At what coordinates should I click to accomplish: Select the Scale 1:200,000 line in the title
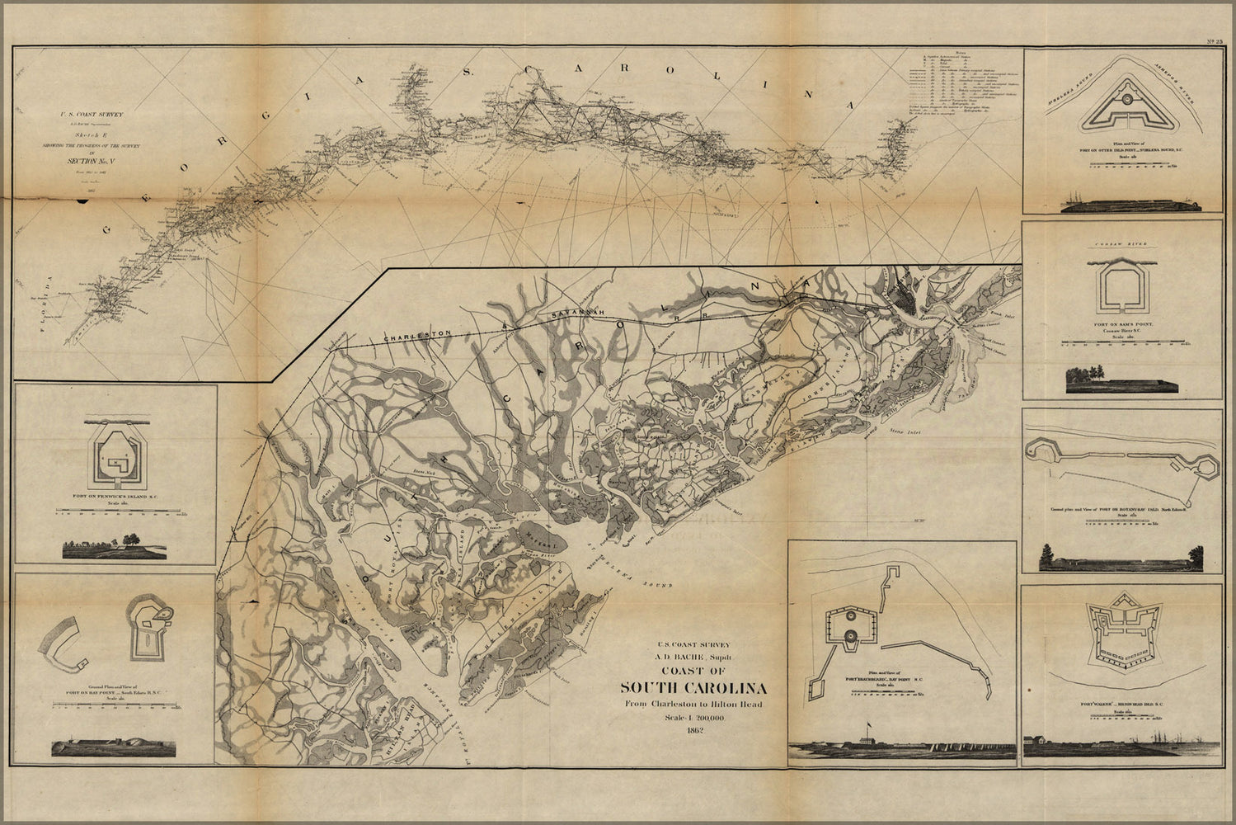(693, 718)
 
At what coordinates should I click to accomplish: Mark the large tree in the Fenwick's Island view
(129, 539)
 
